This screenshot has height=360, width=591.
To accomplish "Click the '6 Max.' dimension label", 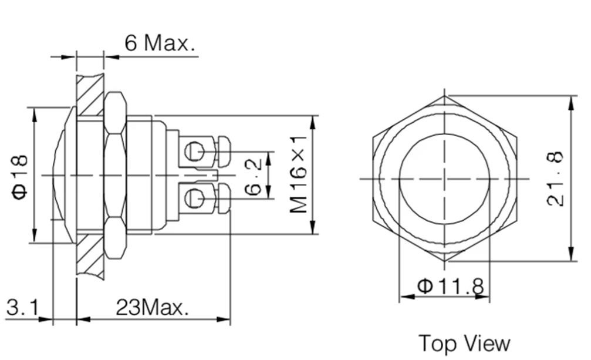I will (159, 43).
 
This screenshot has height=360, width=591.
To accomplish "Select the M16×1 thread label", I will (299, 174).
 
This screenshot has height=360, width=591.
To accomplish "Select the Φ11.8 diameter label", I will (450, 287).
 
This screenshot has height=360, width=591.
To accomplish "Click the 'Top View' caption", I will (464, 343).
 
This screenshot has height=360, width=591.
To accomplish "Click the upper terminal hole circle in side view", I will (192, 152).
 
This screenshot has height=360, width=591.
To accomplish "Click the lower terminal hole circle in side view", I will (192, 198).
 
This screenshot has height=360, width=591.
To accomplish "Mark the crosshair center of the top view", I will (445, 179).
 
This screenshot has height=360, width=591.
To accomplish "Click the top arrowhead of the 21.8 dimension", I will (572, 101).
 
